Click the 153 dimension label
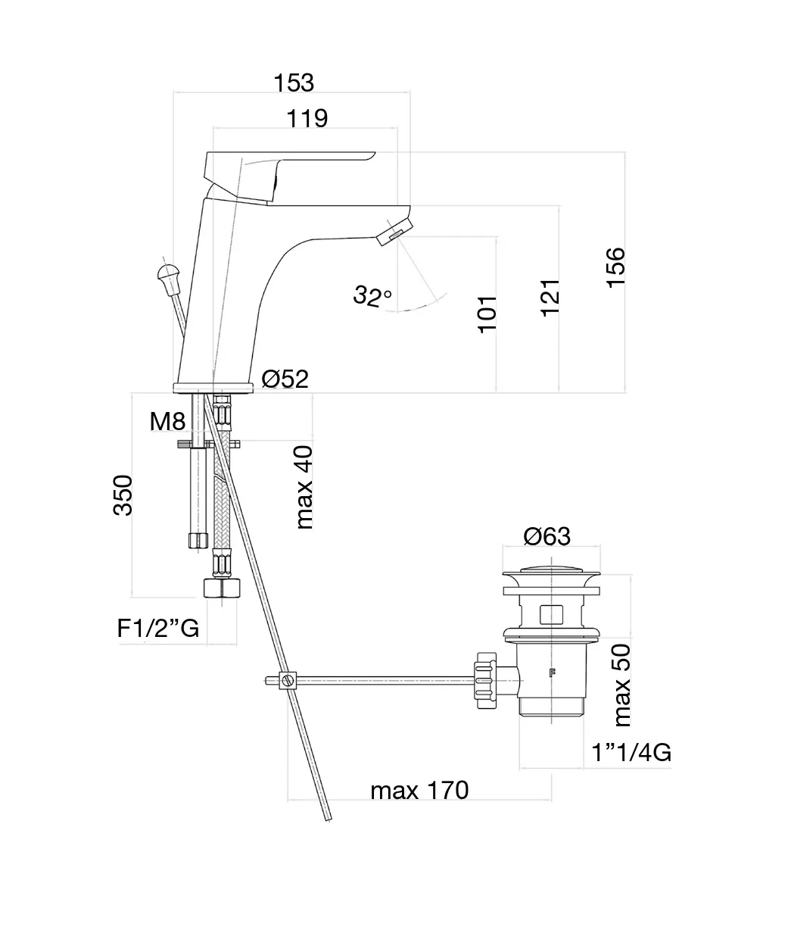point(294,83)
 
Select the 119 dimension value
point(307,118)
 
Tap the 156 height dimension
point(615,267)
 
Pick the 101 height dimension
point(487,313)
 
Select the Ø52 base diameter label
point(285,378)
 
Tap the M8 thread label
point(167,421)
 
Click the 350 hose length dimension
point(123,495)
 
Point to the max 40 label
point(304,487)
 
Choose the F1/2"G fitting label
point(158,627)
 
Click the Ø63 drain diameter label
point(547,536)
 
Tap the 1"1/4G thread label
point(632,752)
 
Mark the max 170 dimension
point(419,790)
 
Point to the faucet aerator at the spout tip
point(395,228)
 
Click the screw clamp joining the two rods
point(286,680)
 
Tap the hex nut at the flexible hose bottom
point(222,588)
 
